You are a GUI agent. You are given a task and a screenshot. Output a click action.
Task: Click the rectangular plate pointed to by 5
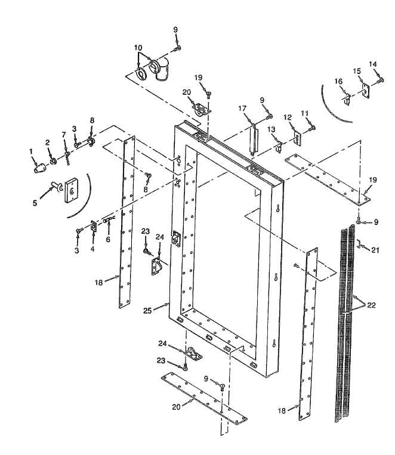coord(72,189)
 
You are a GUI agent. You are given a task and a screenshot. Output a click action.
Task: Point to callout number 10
coord(138,47)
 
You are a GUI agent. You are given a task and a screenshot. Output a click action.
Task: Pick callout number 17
coord(243,108)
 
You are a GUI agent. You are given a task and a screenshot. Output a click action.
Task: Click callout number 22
coord(372,305)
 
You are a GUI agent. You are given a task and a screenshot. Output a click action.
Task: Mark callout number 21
coord(375,250)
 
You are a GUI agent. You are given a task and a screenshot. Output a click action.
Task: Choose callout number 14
coord(373,64)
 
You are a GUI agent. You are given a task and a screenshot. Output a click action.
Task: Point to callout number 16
coord(338,81)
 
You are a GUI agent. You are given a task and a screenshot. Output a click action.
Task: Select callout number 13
coord(270,129)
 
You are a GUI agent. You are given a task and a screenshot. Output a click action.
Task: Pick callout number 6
coord(108,239)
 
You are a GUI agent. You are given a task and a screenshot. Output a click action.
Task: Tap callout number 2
coord(48,142)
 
